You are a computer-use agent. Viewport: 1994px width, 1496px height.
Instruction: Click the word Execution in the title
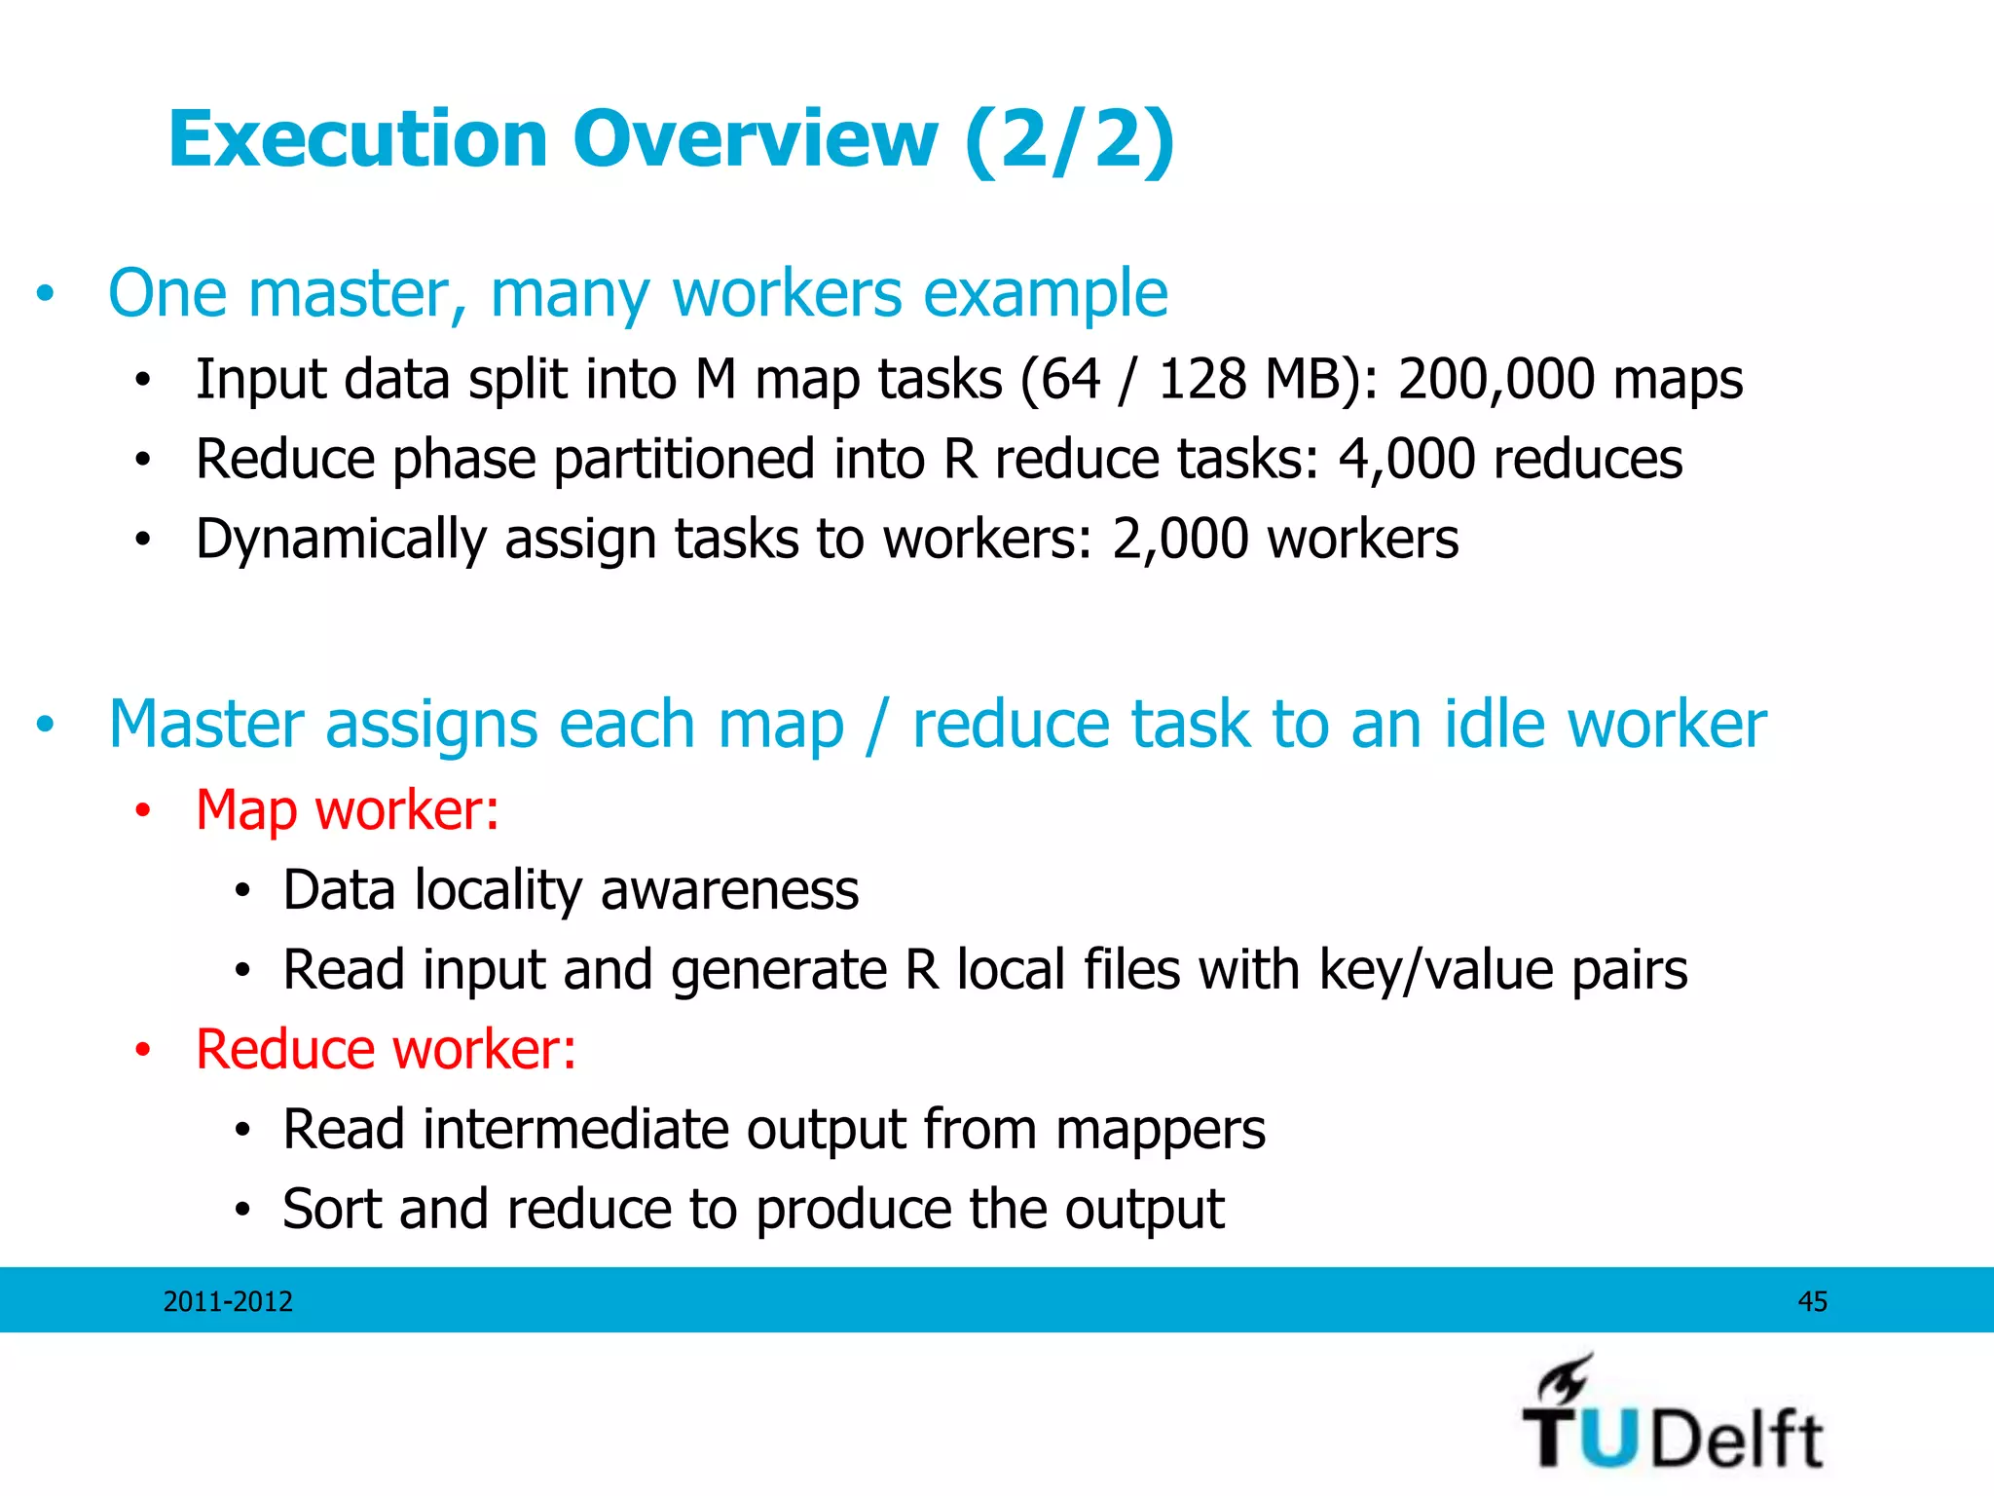tap(357, 139)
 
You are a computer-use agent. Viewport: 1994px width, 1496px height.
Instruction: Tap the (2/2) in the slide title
tap(1069, 139)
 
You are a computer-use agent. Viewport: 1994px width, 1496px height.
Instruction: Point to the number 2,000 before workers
tap(1180, 539)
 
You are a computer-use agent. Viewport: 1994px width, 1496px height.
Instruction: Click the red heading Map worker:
tap(348, 809)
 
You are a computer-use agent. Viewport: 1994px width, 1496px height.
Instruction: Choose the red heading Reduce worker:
tap(386, 1049)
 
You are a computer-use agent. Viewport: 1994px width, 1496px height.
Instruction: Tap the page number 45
tap(1812, 1301)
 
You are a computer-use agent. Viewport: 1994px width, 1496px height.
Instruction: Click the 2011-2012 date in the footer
tap(228, 1301)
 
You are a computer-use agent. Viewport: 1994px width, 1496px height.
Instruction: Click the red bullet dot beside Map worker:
tap(143, 810)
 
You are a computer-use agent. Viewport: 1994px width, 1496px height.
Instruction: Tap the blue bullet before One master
tap(45, 293)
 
